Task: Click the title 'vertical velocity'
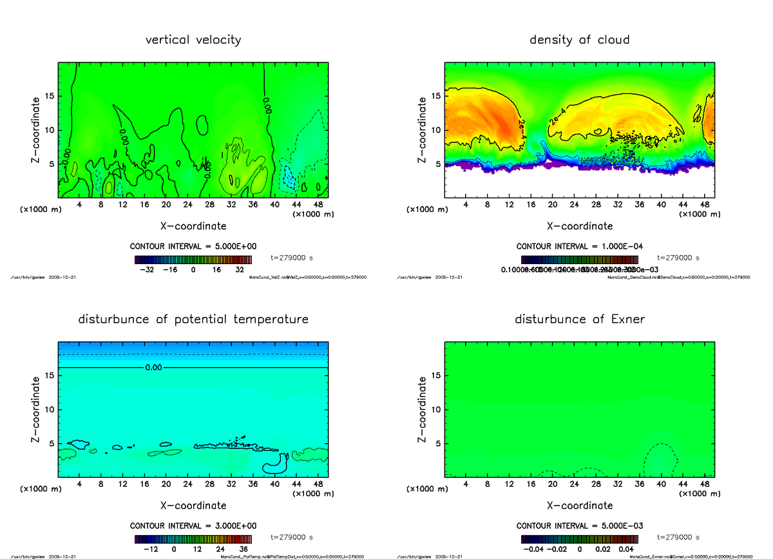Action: (x=193, y=40)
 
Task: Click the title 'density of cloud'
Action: (x=579, y=40)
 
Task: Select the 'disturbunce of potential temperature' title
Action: (x=193, y=319)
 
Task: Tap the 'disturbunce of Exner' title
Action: (x=579, y=319)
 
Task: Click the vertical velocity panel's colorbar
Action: (x=193, y=260)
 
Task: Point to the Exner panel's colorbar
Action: (x=579, y=539)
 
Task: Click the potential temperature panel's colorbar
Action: (x=193, y=539)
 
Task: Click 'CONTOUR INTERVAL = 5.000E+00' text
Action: (x=193, y=247)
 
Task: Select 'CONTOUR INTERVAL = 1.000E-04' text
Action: (x=579, y=247)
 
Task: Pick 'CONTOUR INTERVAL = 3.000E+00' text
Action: (x=193, y=526)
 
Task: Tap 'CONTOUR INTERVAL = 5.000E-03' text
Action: (x=579, y=526)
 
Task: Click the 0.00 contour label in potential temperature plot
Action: (x=153, y=368)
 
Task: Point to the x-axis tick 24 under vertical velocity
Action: (x=187, y=205)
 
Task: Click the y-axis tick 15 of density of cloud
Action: (x=435, y=96)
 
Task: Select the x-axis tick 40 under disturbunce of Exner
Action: (x=660, y=484)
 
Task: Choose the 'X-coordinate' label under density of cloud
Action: (x=579, y=226)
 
